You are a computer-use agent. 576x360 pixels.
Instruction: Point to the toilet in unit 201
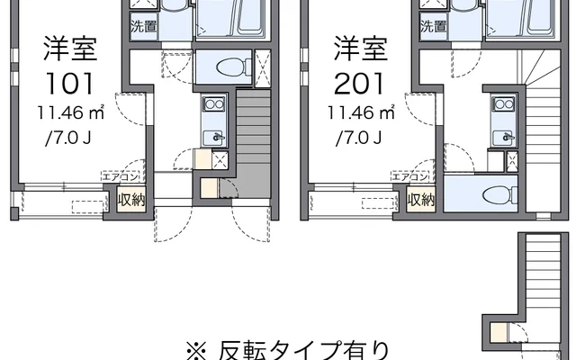(495, 192)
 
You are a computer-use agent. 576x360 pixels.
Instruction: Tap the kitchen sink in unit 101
(214, 137)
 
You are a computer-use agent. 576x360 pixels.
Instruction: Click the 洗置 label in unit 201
(432, 26)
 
